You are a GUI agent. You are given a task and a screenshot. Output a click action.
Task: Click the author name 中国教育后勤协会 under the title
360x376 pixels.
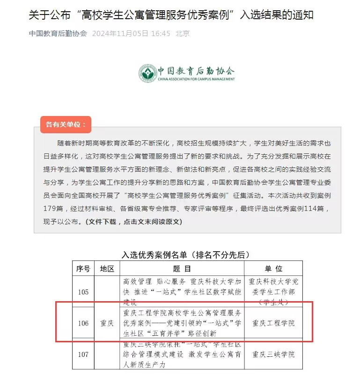(x=58, y=34)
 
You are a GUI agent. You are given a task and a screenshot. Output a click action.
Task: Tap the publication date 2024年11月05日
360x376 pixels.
(x=120, y=34)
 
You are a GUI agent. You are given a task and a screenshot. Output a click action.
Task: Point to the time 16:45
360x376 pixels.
(x=161, y=34)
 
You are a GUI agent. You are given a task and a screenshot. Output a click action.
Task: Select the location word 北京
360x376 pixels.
(x=183, y=34)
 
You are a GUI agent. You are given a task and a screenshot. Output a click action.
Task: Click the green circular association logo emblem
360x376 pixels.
(x=147, y=72)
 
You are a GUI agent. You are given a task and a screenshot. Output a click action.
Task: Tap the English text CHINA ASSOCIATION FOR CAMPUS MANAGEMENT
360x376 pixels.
(x=196, y=79)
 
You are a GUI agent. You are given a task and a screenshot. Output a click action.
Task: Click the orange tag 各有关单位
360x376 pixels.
(x=66, y=125)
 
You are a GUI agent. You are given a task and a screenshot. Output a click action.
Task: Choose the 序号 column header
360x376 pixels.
(x=83, y=269)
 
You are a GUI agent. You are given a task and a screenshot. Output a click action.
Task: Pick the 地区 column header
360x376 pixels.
(x=107, y=269)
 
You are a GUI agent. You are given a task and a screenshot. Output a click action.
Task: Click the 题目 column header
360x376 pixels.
(x=182, y=269)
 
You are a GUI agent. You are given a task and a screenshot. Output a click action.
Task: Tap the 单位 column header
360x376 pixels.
(x=273, y=269)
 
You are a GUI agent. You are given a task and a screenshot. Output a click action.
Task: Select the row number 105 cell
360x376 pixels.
(x=83, y=292)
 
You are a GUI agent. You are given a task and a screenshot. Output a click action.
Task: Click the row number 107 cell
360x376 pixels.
(x=83, y=354)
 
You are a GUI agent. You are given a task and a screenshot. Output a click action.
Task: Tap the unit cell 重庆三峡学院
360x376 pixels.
(x=273, y=354)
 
